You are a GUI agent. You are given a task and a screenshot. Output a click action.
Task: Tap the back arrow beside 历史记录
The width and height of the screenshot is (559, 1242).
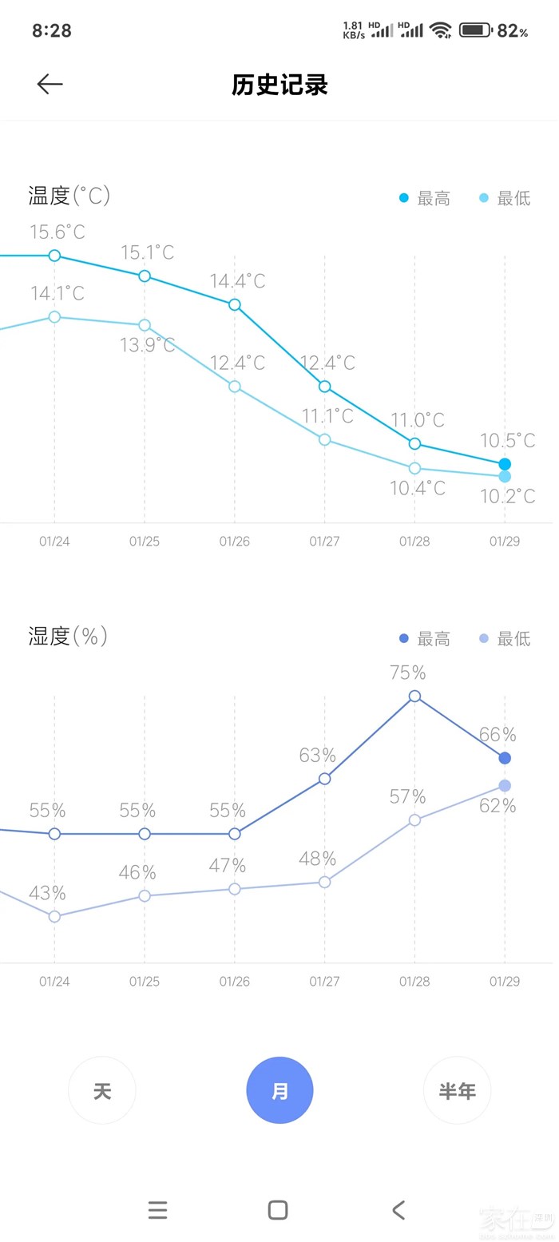coord(50,84)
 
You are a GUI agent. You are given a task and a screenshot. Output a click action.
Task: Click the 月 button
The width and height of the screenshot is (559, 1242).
coord(279,1090)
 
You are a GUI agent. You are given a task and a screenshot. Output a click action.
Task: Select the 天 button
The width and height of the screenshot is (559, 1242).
coord(102,1090)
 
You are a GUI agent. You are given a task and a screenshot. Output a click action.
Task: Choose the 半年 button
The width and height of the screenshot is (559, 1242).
coord(457,1090)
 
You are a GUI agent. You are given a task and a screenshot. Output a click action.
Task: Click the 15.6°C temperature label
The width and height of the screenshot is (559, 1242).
coord(57,232)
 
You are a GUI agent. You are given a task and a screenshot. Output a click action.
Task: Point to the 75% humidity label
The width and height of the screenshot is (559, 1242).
coord(408,673)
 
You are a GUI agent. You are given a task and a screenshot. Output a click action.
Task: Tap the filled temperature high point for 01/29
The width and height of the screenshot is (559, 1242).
coord(505,464)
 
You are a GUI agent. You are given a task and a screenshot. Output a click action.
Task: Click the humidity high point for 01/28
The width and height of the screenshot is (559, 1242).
coord(414,696)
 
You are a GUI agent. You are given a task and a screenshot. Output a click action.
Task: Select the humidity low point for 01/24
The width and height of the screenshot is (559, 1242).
coord(54,916)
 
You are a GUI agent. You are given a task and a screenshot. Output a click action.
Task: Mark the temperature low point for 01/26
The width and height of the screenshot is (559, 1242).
coord(235,387)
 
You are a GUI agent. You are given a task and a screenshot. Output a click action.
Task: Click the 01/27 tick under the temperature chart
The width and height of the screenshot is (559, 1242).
coord(324,542)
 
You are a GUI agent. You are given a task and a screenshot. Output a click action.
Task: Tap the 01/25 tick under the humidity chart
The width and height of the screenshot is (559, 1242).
coord(145,982)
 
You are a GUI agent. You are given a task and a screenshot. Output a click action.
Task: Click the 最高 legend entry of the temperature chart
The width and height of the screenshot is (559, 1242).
coord(426,198)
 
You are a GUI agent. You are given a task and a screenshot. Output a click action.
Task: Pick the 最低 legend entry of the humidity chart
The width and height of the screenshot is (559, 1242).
coord(505,639)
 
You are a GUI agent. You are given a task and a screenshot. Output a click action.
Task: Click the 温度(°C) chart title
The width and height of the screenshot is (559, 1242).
coord(69,196)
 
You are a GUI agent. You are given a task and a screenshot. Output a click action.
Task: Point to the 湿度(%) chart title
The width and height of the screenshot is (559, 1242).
coord(68,637)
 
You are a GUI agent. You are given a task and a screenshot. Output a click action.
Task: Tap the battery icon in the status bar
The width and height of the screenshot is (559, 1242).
coord(475,30)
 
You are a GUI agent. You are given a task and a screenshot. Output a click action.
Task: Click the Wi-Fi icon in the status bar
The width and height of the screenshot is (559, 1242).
coord(440,30)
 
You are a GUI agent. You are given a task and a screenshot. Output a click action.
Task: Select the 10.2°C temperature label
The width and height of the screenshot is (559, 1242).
coord(508,496)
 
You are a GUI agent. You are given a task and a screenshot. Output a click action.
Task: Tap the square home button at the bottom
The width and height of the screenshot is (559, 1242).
coord(278,1210)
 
